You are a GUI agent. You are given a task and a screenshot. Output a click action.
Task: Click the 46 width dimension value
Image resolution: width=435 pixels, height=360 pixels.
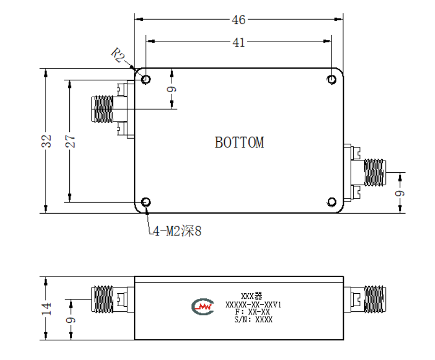point(238,20)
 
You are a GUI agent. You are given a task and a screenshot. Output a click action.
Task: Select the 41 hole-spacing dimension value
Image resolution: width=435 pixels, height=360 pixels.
point(238,42)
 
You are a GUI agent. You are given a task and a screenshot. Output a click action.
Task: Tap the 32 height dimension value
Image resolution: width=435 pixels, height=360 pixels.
point(47,141)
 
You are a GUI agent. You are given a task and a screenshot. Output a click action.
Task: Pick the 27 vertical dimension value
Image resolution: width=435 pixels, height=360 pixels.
point(70,141)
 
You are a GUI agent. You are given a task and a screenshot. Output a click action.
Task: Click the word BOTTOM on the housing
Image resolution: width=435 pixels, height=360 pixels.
point(239,143)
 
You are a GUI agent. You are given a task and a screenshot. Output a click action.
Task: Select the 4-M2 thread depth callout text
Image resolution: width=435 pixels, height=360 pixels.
point(177,231)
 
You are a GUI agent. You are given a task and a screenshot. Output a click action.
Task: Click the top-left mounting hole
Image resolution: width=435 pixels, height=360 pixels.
point(146,79)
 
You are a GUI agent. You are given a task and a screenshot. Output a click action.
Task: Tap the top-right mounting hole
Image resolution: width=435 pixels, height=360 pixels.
point(332,80)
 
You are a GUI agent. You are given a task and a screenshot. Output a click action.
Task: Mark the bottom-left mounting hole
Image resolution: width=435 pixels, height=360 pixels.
point(146,202)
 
